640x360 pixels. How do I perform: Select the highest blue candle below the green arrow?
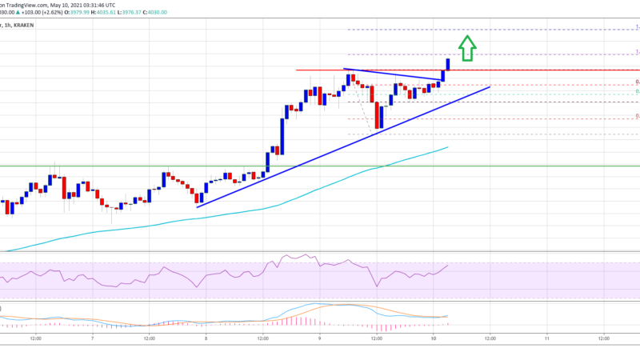pyautogui.click(x=449, y=64)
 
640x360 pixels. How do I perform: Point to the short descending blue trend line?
pyautogui.click(x=392, y=74)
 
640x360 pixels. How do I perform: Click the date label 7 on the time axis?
pyautogui.click(x=94, y=338)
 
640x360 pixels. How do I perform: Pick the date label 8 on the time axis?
pyautogui.click(x=206, y=338)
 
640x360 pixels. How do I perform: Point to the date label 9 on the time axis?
pyautogui.click(x=320, y=338)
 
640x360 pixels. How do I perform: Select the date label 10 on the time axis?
pyautogui.click(x=433, y=338)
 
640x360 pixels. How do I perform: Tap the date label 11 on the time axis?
pyautogui.click(x=546, y=338)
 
